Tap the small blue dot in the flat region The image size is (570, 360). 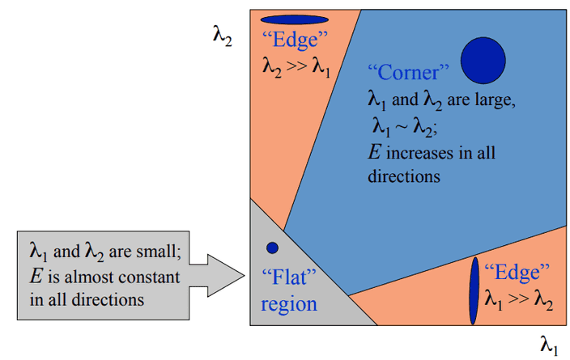[x=272, y=248]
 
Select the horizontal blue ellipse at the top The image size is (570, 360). [x=295, y=19]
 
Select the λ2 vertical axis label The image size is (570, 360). [x=223, y=37]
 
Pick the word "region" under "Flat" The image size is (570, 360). [x=289, y=305]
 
